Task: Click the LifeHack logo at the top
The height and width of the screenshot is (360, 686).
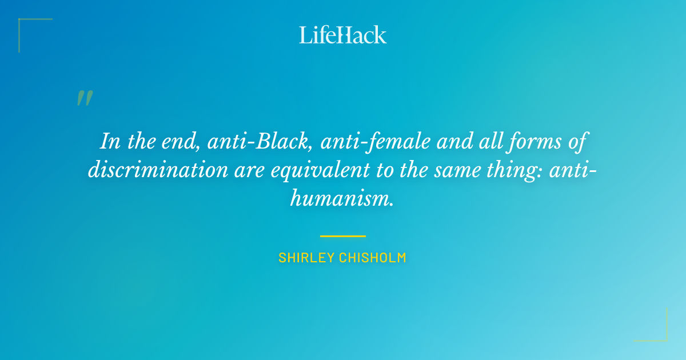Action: coord(343,35)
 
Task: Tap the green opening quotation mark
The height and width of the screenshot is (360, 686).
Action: coord(85,98)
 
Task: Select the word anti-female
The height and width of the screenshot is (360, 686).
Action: coord(374,141)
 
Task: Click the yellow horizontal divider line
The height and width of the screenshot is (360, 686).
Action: coord(343,235)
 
